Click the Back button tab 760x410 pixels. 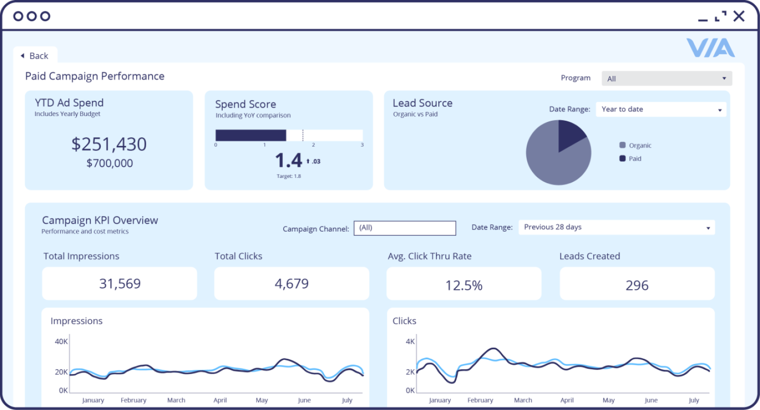click(35, 55)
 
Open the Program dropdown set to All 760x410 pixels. click(667, 79)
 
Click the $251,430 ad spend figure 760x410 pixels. click(109, 144)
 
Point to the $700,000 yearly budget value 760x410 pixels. click(109, 164)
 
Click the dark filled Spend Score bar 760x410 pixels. click(251, 135)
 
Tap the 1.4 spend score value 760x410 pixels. click(289, 160)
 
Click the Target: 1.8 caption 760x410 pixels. click(289, 176)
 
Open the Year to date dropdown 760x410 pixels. click(661, 109)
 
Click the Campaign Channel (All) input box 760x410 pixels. click(404, 228)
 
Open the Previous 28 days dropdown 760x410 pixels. click(616, 227)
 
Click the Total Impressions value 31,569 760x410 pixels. click(120, 284)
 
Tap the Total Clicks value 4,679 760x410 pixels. click(291, 284)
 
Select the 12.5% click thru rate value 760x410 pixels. click(463, 285)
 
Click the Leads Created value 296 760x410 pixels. click(636, 285)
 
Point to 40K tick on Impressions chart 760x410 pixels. click(61, 341)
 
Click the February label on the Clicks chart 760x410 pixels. click(480, 401)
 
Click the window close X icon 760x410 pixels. click(739, 16)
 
